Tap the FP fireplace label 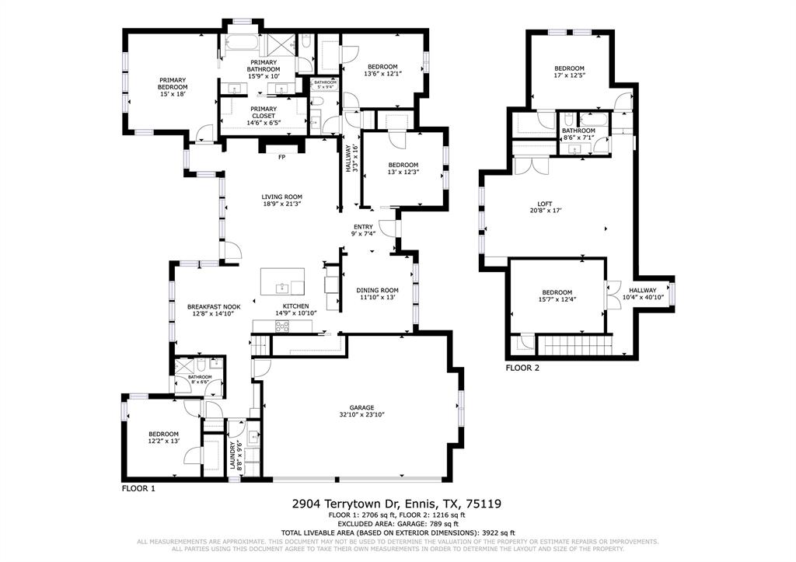pos(282,157)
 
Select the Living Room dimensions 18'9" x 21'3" pos(281,204)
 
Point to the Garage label pos(361,407)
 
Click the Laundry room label pos(232,456)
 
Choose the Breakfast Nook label pos(214,307)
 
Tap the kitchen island pos(282,281)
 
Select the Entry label pos(364,226)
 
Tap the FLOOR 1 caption pos(139,489)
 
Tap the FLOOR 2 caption pos(522,368)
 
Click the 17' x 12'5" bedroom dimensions pos(569,76)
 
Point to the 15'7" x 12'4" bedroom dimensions pos(557,299)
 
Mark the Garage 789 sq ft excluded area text pos(398,523)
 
